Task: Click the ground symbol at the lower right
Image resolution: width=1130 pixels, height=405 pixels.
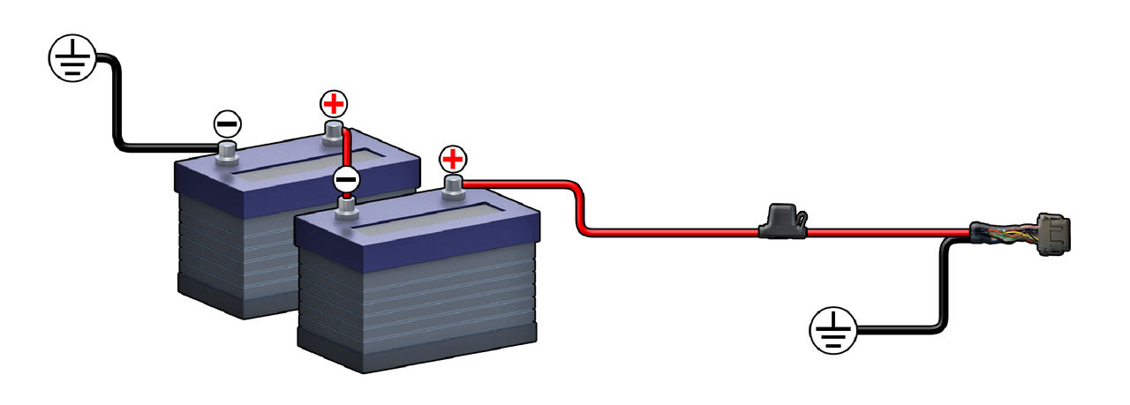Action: coord(833,331)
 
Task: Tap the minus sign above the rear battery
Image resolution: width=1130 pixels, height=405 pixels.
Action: coord(228,124)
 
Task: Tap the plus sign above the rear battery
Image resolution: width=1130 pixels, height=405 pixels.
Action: coord(333,105)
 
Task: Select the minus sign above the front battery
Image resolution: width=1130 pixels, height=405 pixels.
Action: coord(346,178)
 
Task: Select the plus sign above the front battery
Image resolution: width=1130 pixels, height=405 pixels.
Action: coord(452,160)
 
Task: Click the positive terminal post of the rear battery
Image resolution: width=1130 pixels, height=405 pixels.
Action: coord(333,132)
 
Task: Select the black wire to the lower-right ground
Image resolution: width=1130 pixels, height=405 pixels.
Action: coord(943,291)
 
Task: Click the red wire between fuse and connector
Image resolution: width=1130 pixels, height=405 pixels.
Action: coord(883,233)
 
